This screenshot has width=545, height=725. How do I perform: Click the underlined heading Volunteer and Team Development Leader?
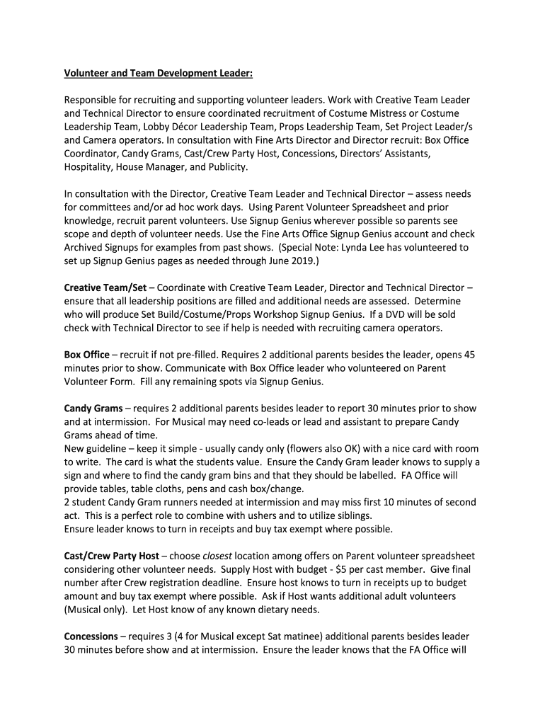coord(158,73)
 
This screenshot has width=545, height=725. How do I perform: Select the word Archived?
coord(86,247)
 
